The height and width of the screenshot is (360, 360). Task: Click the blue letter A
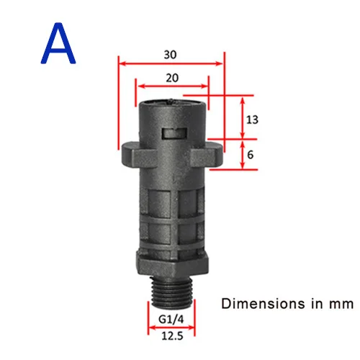pos(58,43)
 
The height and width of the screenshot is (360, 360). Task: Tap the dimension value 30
pos(170,55)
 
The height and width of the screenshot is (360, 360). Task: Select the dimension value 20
pos(172,78)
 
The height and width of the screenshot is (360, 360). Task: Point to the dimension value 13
pos(252,120)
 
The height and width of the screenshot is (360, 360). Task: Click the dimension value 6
pos(250,155)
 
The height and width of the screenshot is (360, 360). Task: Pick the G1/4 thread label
pos(171,320)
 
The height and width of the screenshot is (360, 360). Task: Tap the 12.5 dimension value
pos(172,336)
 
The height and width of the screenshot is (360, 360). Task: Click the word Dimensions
pos(264,304)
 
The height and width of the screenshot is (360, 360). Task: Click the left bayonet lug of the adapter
pos(132,155)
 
